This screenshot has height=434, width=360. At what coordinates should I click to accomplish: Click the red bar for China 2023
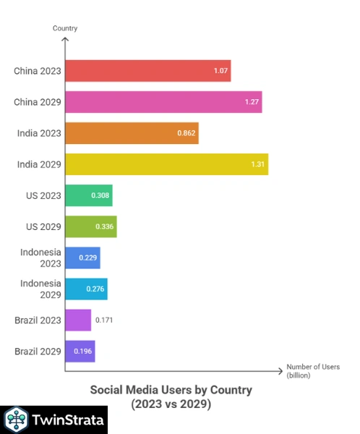[147, 71]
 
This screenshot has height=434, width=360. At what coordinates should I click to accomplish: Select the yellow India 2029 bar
[166, 164]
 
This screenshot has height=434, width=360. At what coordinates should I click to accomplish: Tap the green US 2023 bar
[88, 195]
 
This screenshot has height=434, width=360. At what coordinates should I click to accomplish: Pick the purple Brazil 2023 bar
[78, 320]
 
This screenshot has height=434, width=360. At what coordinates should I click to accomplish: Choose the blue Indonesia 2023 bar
[82, 258]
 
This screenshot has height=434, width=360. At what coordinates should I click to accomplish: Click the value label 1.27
[252, 102]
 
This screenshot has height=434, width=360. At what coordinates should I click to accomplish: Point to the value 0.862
[187, 133]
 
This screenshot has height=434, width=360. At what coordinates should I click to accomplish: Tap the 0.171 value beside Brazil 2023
[105, 320]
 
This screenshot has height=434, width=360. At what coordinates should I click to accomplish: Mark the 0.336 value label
[105, 226]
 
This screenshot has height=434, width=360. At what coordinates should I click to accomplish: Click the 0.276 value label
[96, 289]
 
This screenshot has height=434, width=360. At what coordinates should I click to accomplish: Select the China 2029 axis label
[37, 102]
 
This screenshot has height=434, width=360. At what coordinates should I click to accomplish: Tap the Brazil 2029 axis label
[38, 351]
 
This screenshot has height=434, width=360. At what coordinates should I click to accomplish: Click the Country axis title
[65, 28]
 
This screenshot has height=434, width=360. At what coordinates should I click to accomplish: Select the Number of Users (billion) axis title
[311, 370]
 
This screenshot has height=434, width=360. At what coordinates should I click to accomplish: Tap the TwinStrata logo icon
[15, 420]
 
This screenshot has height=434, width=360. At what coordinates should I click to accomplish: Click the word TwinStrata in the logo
[66, 420]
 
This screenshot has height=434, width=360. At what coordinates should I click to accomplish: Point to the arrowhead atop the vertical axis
[65, 40]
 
